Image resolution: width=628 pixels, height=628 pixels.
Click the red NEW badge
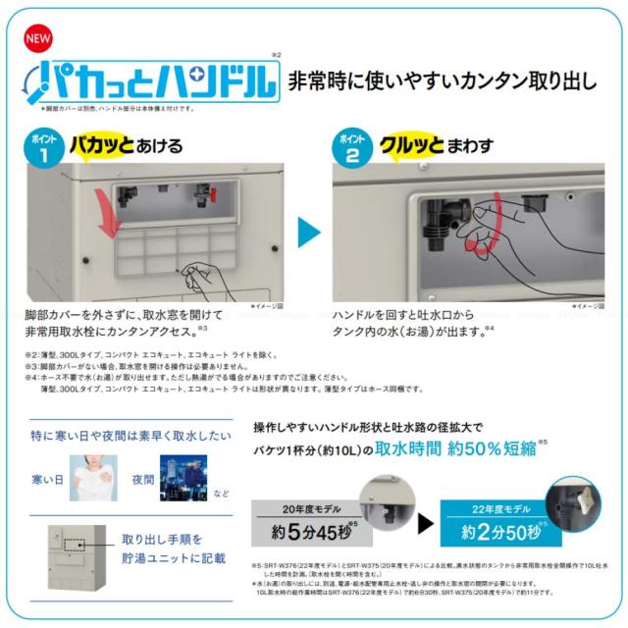(37, 40)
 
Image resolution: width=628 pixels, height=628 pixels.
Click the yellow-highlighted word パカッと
(101, 147)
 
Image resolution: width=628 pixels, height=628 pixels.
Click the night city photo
(183, 479)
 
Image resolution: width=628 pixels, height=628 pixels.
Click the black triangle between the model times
(425, 522)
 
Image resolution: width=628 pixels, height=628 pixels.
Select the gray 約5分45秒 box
(306, 532)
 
